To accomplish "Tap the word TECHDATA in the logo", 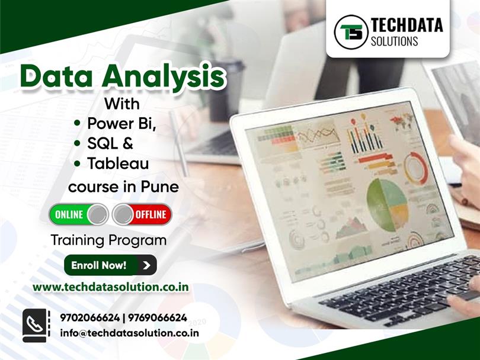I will click(x=407, y=25).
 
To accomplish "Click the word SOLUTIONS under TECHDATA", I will click(x=395, y=41).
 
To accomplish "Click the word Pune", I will click(x=159, y=187).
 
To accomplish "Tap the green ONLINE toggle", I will click(x=78, y=214).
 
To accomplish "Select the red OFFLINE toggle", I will click(x=142, y=214).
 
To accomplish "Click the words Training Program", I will click(x=108, y=240).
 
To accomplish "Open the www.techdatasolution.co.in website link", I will click(x=111, y=287).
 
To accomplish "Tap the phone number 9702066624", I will click(x=90, y=318).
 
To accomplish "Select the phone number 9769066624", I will click(x=156, y=318).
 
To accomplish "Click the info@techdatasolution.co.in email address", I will click(x=129, y=333).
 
